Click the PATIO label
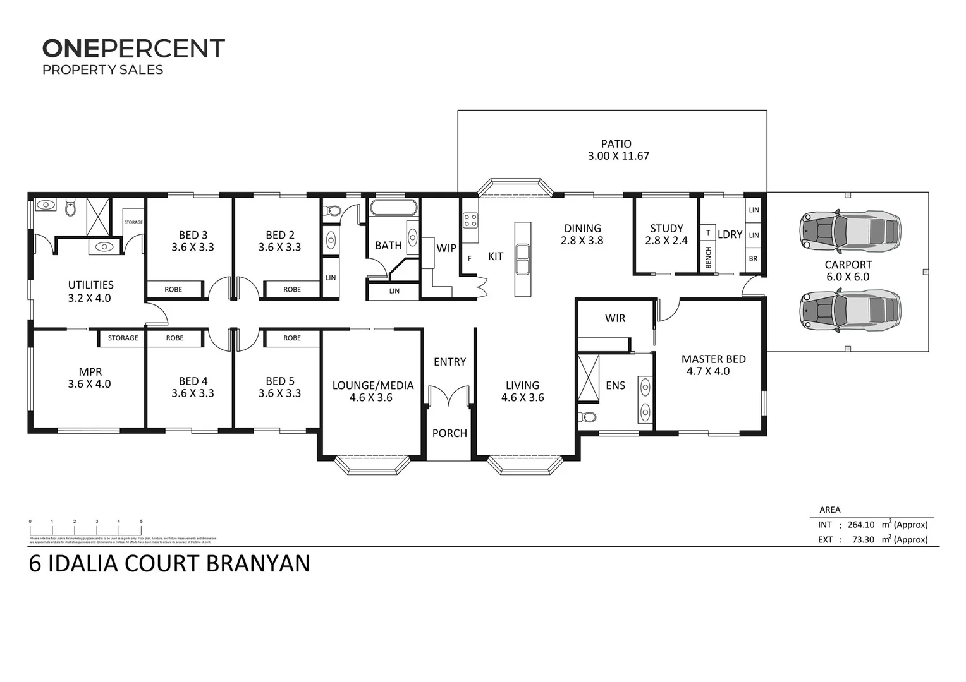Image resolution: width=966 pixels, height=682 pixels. (x=616, y=144)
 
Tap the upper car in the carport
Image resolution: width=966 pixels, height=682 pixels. (x=850, y=230)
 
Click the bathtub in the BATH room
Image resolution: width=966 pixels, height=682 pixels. (x=393, y=208)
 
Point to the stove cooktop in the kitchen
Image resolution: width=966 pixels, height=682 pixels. (x=470, y=220)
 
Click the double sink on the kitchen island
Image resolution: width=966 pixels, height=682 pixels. (x=522, y=260)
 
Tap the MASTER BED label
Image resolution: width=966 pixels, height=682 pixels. (x=713, y=359)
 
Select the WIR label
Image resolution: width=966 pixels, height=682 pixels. (x=614, y=318)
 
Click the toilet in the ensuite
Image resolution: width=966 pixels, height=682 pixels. (x=587, y=417)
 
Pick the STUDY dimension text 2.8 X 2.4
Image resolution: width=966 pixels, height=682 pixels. (x=666, y=241)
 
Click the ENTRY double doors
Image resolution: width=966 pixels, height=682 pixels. (x=449, y=397)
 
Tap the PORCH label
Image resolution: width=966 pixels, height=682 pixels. (x=449, y=433)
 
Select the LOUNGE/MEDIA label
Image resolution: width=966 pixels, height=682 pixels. (x=373, y=385)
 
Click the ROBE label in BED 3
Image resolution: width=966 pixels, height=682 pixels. (x=173, y=289)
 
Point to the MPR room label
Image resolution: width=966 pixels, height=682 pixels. (x=90, y=372)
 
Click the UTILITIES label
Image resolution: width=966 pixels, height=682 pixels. (x=90, y=285)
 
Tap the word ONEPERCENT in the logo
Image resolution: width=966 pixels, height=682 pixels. (x=133, y=49)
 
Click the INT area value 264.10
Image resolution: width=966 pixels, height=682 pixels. (x=860, y=525)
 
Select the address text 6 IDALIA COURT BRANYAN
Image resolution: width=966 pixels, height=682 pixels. (x=169, y=563)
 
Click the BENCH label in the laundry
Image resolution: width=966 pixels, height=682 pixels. (x=708, y=258)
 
